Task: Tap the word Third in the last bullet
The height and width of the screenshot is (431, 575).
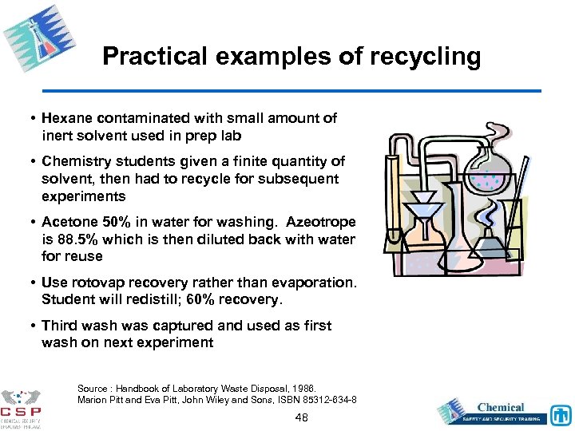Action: [59, 326]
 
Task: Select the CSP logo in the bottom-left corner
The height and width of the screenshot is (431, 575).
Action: [22, 407]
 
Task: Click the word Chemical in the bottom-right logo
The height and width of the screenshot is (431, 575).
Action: [501, 407]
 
